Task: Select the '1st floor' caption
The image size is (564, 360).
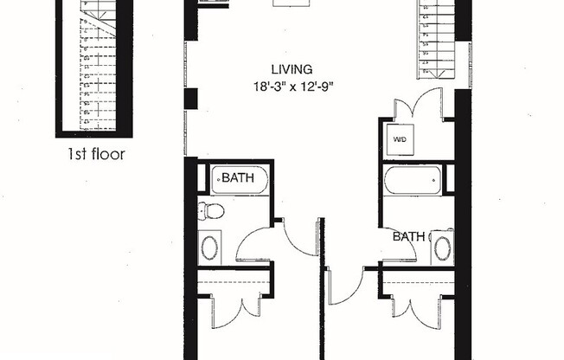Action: pyautogui.click(x=96, y=155)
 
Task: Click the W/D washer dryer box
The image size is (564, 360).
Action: pyautogui.click(x=400, y=138)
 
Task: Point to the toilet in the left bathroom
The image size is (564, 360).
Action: pyautogui.click(x=211, y=210)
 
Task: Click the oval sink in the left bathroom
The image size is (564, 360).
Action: pyautogui.click(x=210, y=247)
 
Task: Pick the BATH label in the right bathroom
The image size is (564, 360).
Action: pyautogui.click(x=409, y=235)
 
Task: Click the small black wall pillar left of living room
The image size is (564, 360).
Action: pyautogui.click(x=190, y=99)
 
